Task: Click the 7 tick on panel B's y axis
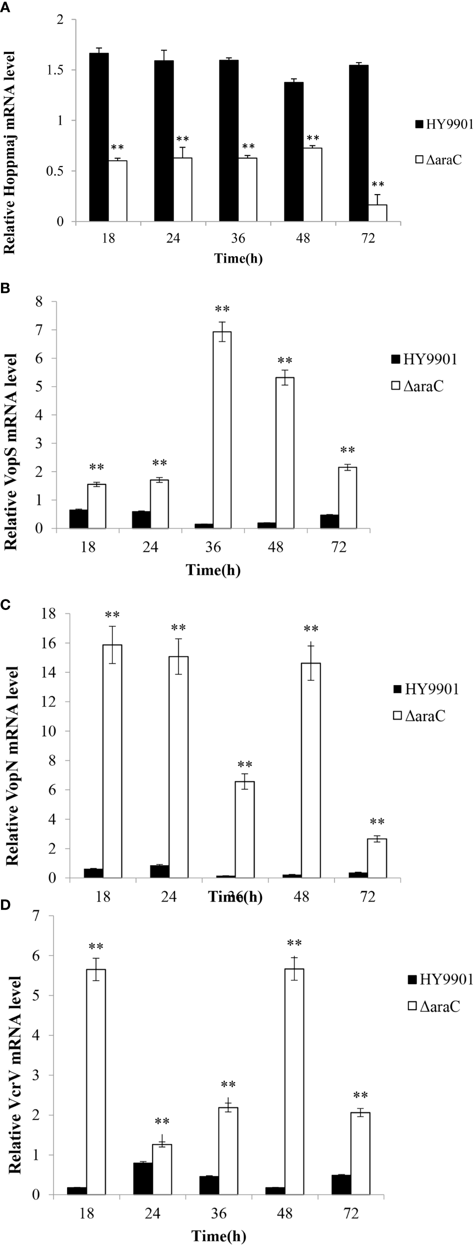point(52,330)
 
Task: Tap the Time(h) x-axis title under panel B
point(213,570)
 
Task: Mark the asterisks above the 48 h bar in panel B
point(285,361)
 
